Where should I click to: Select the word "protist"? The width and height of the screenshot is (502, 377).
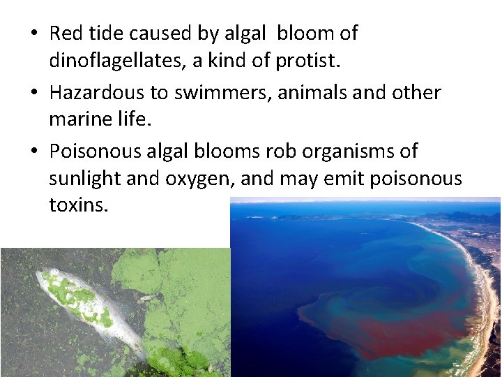pos(307,61)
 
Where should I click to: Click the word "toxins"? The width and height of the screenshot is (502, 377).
pos(78,207)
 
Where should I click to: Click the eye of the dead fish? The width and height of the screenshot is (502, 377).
pos(50,272)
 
